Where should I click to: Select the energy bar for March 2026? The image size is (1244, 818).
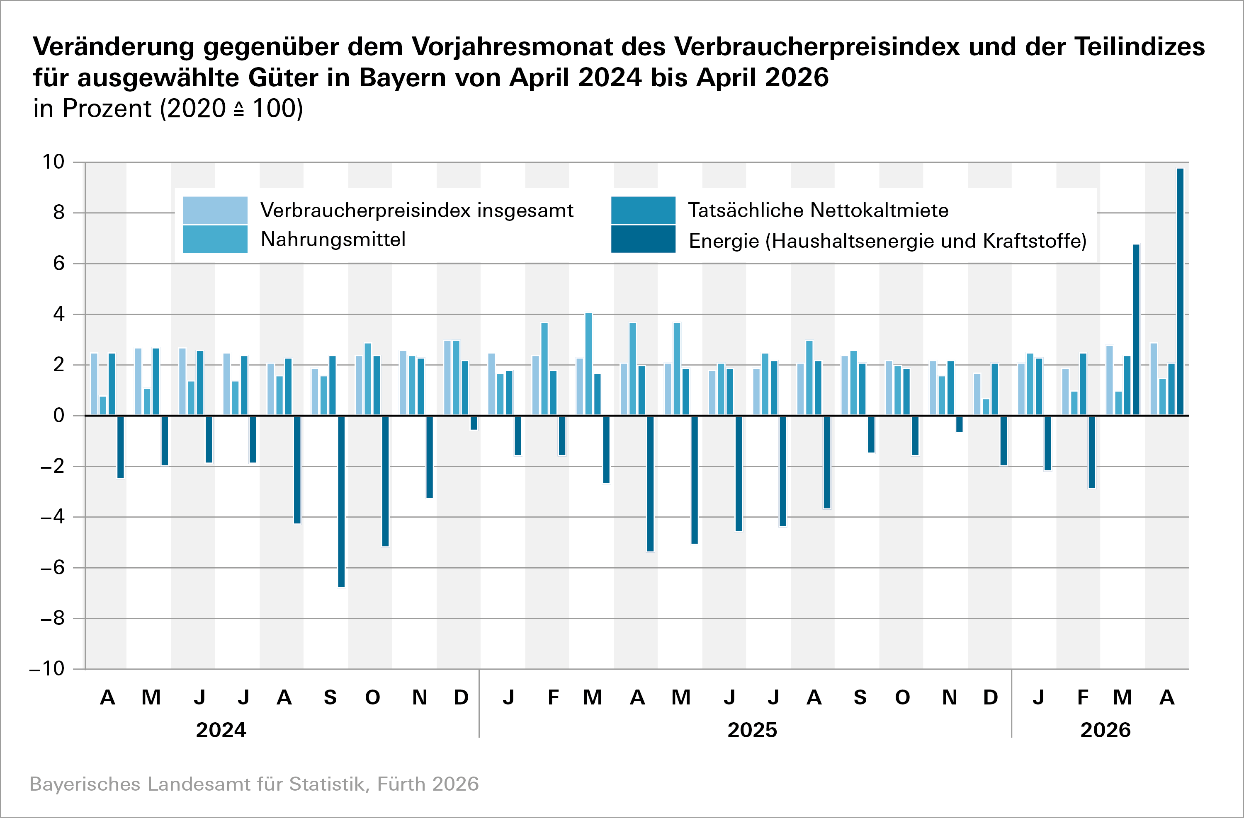tap(1136, 329)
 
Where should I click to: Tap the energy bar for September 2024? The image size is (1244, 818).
tap(341, 501)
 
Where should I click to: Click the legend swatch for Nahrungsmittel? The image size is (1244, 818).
tap(215, 239)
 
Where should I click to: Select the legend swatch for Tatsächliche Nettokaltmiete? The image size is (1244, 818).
tap(643, 210)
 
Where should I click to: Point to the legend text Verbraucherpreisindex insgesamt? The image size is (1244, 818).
tap(417, 210)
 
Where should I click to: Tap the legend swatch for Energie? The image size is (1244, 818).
tap(643, 239)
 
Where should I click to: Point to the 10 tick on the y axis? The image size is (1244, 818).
tap(53, 162)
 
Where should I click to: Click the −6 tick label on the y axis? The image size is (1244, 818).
tap(52, 567)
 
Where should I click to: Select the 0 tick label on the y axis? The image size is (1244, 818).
tap(58, 416)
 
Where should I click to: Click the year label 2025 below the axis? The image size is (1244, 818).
tap(752, 730)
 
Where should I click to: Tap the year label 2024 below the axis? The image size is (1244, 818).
tap(221, 730)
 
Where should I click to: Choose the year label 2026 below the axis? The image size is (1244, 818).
tap(1106, 730)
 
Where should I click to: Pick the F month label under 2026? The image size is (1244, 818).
tap(1083, 698)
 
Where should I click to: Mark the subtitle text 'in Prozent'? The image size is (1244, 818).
tap(92, 109)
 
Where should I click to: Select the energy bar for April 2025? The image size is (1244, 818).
tap(650, 483)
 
